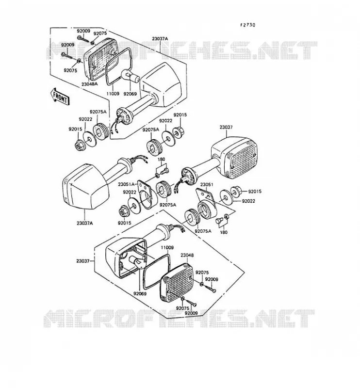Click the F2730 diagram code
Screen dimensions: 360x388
[247, 25]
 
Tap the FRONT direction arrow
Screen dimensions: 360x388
[60, 96]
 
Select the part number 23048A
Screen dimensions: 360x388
[89, 84]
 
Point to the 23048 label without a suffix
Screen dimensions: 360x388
[187, 255]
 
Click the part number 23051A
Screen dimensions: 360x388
[126, 184]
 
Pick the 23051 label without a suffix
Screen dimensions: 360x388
[207, 185]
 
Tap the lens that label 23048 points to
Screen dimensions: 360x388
[178, 283]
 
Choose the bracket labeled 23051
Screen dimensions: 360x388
[206, 203]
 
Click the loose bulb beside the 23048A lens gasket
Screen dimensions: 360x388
[130, 76]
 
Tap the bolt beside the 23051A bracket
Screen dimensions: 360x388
[164, 171]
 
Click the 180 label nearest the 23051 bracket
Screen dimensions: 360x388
[224, 232]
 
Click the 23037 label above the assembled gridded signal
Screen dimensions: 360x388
[226, 128]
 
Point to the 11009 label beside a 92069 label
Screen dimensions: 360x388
[113, 94]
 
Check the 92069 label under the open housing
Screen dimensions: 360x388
[140, 294]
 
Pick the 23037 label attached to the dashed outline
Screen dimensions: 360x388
[83, 261]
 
